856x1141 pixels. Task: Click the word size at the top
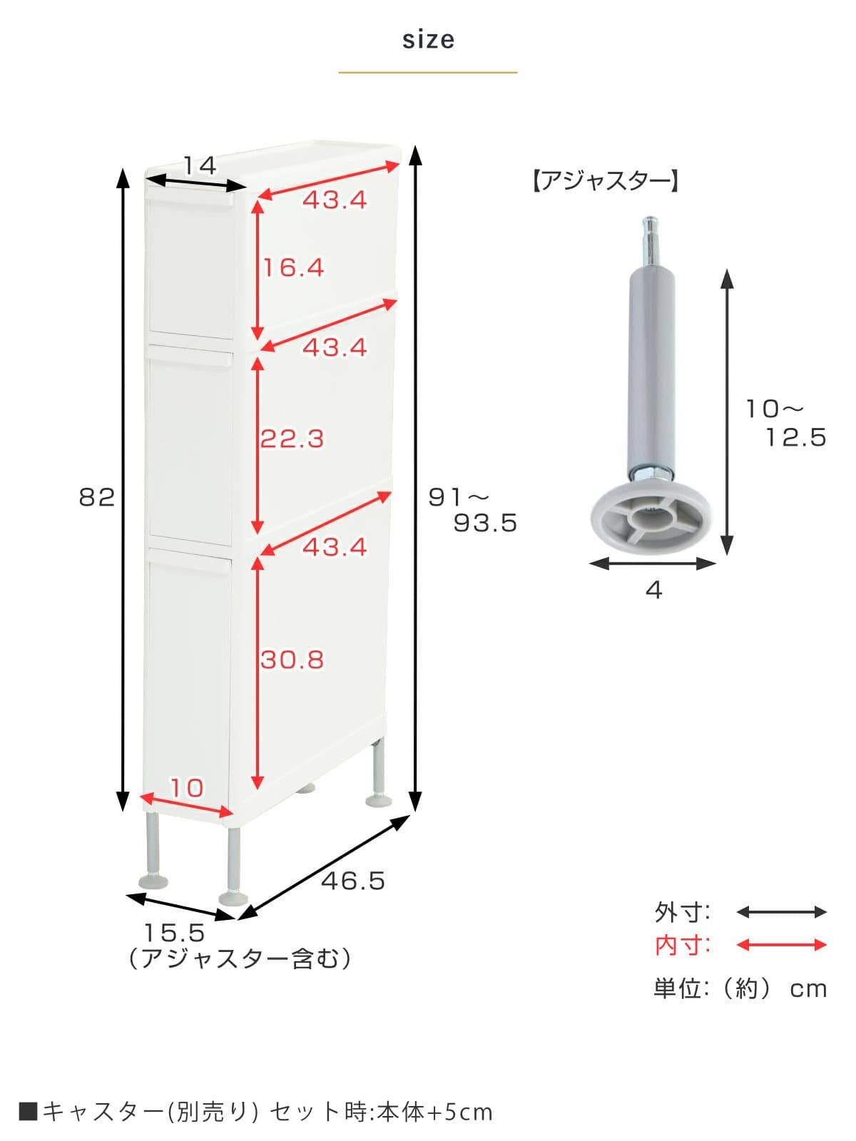[x=428, y=40]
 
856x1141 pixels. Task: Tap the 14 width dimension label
[x=199, y=166]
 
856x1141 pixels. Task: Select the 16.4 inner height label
[x=293, y=268]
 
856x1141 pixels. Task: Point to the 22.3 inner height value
[x=292, y=439]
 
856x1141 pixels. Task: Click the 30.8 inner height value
[x=292, y=660]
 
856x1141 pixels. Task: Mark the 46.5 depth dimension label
[x=353, y=881]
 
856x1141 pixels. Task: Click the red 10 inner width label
[x=187, y=788]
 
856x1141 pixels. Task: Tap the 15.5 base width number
[x=175, y=933]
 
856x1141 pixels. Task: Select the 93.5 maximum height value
[x=485, y=523]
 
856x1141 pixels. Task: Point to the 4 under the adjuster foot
[x=653, y=590]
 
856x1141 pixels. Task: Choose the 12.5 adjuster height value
[x=796, y=437]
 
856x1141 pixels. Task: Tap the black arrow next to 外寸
[x=781, y=911]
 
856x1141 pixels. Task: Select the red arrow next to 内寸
[x=781, y=945]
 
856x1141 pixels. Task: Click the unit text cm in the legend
[x=807, y=989]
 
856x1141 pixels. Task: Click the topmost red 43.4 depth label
[x=335, y=200]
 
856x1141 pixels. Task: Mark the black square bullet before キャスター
[x=28, y=1111]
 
